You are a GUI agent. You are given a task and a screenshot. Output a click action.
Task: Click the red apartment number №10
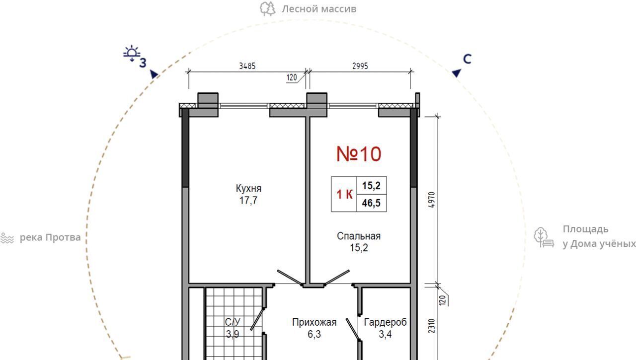pyautogui.click(x=359, y=154)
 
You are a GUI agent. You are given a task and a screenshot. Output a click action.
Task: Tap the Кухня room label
pyautogui.click(x=248, y=188)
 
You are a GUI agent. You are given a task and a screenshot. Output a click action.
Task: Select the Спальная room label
pyautogui.click(x=359, y=236)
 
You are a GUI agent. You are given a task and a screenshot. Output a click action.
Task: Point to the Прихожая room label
pyautogui.click(x=315, y=322)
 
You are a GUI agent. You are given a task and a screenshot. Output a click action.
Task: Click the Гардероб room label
pyautogui.click(x=385, y=322)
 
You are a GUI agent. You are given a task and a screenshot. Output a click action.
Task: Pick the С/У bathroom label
pyautogui.click(x=233, y=322)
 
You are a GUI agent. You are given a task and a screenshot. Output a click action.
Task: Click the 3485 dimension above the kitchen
pyautogui.click(x=247, y=66)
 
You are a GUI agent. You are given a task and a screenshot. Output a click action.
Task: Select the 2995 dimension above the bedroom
pyautogui.click(x=360, y=66)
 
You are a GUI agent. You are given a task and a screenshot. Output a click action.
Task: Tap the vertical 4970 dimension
pyautogui.click(x=431, y=200)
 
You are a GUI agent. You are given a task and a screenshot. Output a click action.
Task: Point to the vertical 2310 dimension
pyautogui.click(x=431, y=326)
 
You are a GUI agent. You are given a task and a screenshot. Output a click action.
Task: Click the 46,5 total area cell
pyautogui.click(x=371, y=203)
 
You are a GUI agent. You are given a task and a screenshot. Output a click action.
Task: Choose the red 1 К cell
pyautogui.click(x=344, y=194)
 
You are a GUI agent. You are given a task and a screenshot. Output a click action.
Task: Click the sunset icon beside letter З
pyautogui.click(x=132, y=53)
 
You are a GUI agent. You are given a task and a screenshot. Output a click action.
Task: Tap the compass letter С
pyautogui.click(x=467, y=59)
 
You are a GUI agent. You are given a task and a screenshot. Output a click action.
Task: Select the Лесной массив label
pyautogui.click(x=319, y=9)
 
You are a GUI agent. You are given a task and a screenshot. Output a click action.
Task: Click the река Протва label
pyautogui.click(x=50, y=237)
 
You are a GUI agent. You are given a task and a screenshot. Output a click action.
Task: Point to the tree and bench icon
pyautogui.click(x=544, y=237)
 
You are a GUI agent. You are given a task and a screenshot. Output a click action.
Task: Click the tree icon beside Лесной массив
pyautogui.click(x=268, y=9)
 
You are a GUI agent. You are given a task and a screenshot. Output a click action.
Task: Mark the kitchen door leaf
pyautogui.click(x=290, y=278)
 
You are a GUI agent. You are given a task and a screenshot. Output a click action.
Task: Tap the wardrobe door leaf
pyautogui.click(x=353, y=329)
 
